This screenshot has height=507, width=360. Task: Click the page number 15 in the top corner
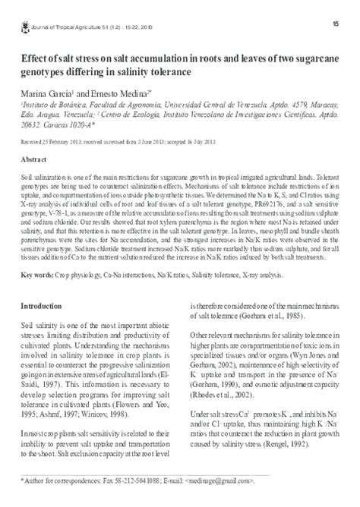tap(335, 24)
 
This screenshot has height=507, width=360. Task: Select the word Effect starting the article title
tap(36, 58)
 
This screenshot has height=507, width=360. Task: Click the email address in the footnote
tap(219, 482)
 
